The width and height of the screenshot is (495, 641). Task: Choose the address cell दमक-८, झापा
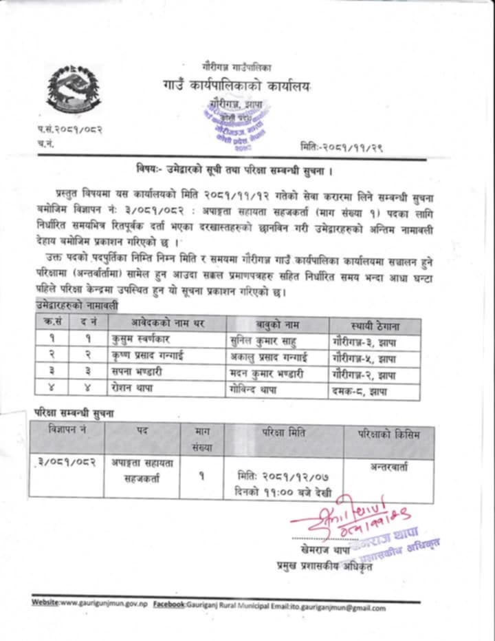tap(360, 391)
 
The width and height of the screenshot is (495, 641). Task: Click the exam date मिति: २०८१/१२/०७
tap(283, 478)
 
